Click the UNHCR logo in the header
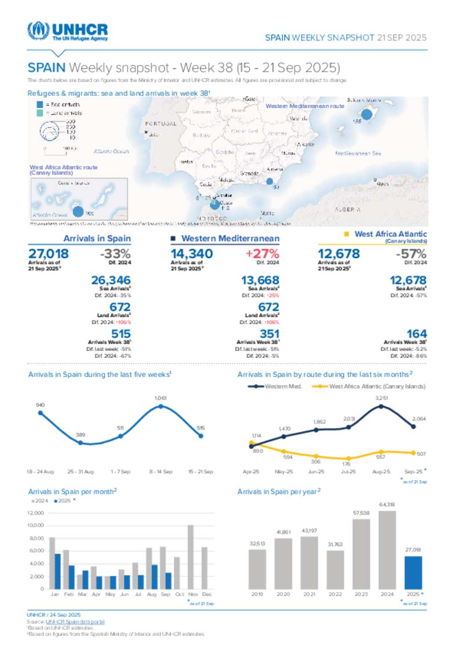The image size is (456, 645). (x=68, y=31)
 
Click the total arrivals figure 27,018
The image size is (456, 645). (x=49, y=254)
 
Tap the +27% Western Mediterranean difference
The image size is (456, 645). (x=262, y=254)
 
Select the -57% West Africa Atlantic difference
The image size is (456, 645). (x=411, y=254)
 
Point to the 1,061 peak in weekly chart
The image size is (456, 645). (x=161, y=406)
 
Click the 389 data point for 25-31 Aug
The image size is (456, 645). (x=81, y=442)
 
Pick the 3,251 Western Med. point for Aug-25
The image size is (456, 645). (x=381, y=406)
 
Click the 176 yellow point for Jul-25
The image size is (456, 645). (x=348, y=458)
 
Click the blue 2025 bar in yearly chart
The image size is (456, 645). (x=413, y=572)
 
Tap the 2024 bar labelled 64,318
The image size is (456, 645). (x=387, y=550)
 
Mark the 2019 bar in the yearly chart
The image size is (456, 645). (x=257, y=569)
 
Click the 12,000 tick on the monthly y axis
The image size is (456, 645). (x=36, y=513)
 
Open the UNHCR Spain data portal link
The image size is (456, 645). (x=75, y=622)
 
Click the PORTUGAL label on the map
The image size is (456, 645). (x=161, y=124)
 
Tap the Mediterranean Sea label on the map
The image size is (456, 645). (x=358, y=153)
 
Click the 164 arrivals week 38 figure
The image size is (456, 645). (x=417, y=334)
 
